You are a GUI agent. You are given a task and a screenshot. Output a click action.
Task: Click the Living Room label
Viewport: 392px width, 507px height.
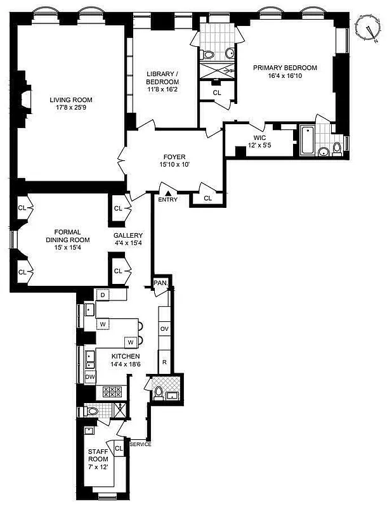click(x=71, y=99)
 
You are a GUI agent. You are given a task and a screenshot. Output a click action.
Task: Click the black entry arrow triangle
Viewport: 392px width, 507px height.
click(x=167, y=193)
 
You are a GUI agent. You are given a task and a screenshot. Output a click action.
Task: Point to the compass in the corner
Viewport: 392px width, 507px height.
click(x=367, y=29)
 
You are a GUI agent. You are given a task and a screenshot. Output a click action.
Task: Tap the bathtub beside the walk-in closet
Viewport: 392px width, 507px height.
click(x=306, y=141)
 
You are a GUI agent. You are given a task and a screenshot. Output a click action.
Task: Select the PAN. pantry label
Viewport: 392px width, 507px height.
click(x=160, y=284)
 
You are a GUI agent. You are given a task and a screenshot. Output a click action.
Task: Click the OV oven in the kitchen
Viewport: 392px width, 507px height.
click(x=164, y=329)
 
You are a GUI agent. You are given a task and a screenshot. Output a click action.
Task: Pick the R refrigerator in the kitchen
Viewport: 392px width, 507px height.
click(x=164, y=362)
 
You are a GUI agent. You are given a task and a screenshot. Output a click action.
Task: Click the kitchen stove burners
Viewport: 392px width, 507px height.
click(x=112, y=392)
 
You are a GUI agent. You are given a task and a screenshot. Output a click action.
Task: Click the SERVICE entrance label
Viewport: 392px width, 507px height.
click(x=140, y=444)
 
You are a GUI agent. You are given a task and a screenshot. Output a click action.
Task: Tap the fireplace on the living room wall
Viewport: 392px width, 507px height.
click(x=25, y=99)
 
